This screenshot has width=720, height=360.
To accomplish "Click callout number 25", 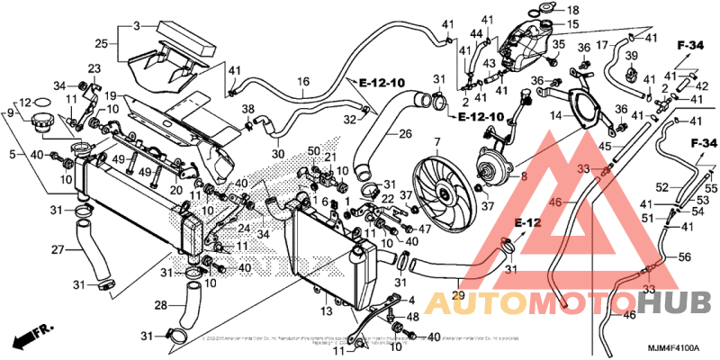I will point(101,43).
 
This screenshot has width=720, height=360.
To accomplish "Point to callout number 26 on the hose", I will point(405,135).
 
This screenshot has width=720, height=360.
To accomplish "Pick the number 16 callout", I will point(304,81).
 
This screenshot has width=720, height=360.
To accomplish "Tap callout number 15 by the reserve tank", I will point(572,23).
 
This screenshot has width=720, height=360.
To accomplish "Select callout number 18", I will point(573,10).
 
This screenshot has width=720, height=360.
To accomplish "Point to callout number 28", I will point(161,306).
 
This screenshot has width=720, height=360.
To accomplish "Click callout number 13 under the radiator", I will point(328,310).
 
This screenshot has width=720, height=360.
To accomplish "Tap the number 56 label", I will point(684,256).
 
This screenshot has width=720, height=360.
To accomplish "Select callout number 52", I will point(661,186).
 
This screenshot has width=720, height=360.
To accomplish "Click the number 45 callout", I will point(606,147).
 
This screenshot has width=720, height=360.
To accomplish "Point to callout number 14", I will point(556,115).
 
